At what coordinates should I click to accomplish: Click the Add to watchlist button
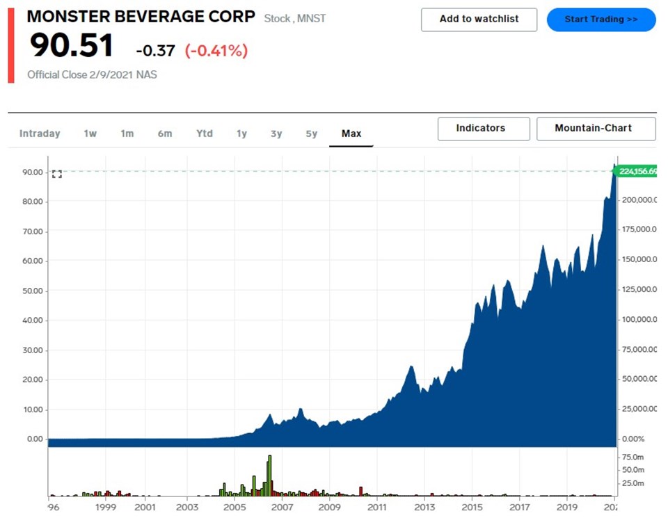click(479, 19)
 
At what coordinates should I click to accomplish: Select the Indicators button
click(484, 129)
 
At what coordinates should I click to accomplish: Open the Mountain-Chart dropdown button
click(596, 129)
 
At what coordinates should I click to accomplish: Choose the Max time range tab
click(351, 133)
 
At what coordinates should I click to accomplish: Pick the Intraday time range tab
click(40, 133)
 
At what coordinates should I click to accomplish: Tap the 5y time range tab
click(311, 133)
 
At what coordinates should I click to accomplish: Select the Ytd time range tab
click(204, 133)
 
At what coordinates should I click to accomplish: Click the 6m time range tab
click(164, 133)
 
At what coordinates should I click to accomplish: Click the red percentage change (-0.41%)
click(216, 51)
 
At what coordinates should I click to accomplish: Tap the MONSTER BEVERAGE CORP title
click(141, 17)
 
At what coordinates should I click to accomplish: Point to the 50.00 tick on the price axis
click(34, 291)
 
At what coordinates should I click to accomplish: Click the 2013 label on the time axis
click(424, 508)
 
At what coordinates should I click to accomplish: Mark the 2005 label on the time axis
click(234, 508)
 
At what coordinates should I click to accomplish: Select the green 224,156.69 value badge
click(638, 172)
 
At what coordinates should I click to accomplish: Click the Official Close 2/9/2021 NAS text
click(92, 74)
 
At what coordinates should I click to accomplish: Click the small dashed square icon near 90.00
click(57, 174)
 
